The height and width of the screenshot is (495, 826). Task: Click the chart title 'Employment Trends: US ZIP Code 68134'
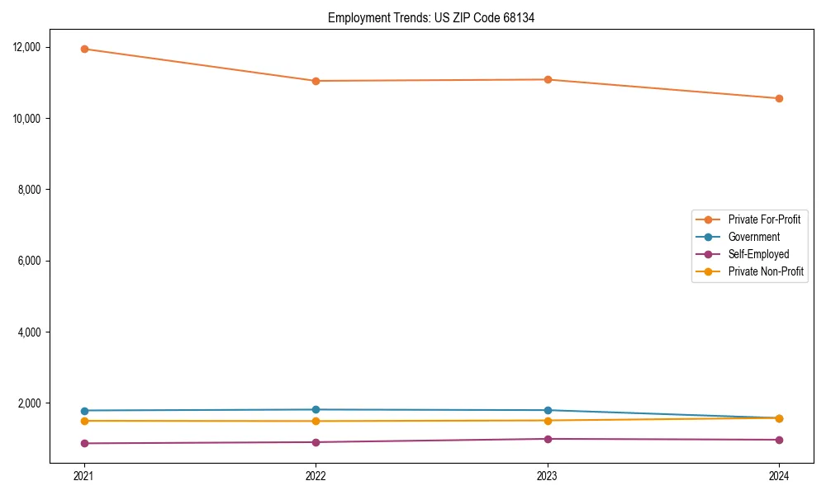pyautogui.click(x=431, y=17)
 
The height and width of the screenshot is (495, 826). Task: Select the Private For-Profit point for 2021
pyautogui.click(x=84, y=49)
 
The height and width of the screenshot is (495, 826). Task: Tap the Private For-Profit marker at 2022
pyautogui.click(x=316, y=81)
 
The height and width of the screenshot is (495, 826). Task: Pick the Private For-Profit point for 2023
pyautogui.click(x=548, y=79)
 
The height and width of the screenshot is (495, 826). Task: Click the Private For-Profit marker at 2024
pyautogui.click(x=779, y=98)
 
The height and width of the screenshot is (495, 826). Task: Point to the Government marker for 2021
pyautogui.click(x=84, y=411)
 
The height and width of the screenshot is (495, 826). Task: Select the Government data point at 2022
pyautogui.click(x=316, y=409)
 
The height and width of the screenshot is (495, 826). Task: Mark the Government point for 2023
pyautogui.click(x=548, y=410)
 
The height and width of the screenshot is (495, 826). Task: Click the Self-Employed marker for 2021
pyautogui.click(x=84, y=443)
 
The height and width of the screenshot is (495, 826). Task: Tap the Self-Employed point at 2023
pyautogui.click(x=548, y=439)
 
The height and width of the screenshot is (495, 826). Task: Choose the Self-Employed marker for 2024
pyautogui.click(x=779, y=440)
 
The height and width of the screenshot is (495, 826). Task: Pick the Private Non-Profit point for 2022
pyautogui.click(x=316, y=421)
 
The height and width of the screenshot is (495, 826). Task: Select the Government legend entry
pyautogui.click(x=753, y=237)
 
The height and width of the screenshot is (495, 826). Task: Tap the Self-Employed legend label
pyautogui.click(x=758, y=254)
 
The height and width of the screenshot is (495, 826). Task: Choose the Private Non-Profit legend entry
pyautogui.click(x=766, y=271)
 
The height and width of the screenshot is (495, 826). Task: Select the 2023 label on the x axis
pyautogui.click(x=548, y=475)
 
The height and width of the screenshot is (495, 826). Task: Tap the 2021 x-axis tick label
pyautogui.click(x=84, y=475)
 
